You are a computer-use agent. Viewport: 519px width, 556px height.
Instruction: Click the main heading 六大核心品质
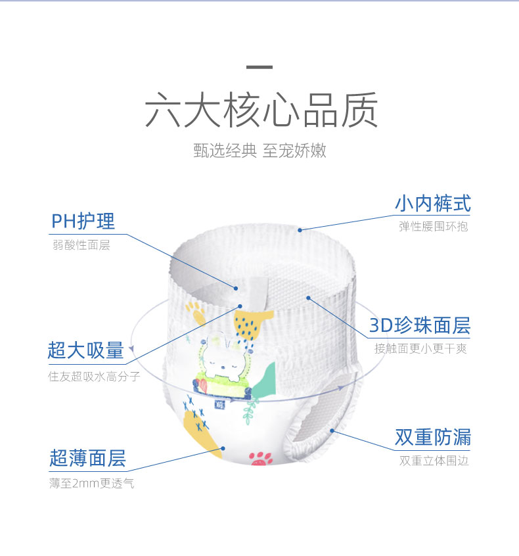[x=261, y=110]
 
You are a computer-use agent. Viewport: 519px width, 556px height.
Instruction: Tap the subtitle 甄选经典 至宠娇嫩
[x=259, y=151]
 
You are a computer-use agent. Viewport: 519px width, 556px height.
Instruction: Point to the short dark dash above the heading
[x=259, y=67]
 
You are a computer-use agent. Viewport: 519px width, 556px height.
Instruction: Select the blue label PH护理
[x=83, y=221]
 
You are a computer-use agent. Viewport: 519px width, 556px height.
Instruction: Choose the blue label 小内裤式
[x=432, y=203]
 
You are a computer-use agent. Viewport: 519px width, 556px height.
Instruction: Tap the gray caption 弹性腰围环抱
[x=433, y=227]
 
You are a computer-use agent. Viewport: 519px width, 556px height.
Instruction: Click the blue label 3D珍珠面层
[x=420, y=325]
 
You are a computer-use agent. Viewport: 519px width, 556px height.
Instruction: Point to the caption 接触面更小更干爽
[x=420, y=349]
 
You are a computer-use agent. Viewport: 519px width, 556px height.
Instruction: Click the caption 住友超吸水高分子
[x=94, y=377]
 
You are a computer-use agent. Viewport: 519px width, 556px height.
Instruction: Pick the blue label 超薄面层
[x=87, y=458]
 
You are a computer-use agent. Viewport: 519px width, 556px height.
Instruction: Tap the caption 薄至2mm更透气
[x=92, y=484]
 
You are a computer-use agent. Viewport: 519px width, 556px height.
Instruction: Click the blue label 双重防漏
[x=432, y=437]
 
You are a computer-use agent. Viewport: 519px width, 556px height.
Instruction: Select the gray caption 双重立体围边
[x=434, y=461]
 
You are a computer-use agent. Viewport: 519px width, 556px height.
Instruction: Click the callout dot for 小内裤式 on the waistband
[x=300, y=230]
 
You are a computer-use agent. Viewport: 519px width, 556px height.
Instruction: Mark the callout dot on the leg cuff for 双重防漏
[x=332, y=431]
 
